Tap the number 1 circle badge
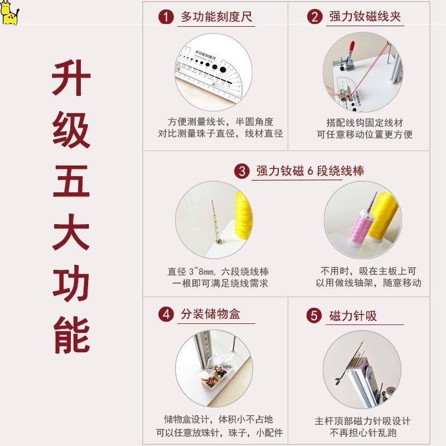tap(166, 17)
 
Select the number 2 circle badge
tap(314, 17)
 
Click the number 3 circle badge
tap(242, 171)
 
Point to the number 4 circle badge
tap(166, 314)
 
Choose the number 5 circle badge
tap(314, 316)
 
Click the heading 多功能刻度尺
tap(216, 17)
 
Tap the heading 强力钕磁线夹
tap(365, 16)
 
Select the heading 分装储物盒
tap(211, 314)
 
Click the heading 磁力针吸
tap(353, 316)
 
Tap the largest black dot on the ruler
tap(222, 70)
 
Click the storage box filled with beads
tap(214, 375)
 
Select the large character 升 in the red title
tap(71, 77)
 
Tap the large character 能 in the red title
tap(72, 335)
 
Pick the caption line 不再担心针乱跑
tap(363, 433)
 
